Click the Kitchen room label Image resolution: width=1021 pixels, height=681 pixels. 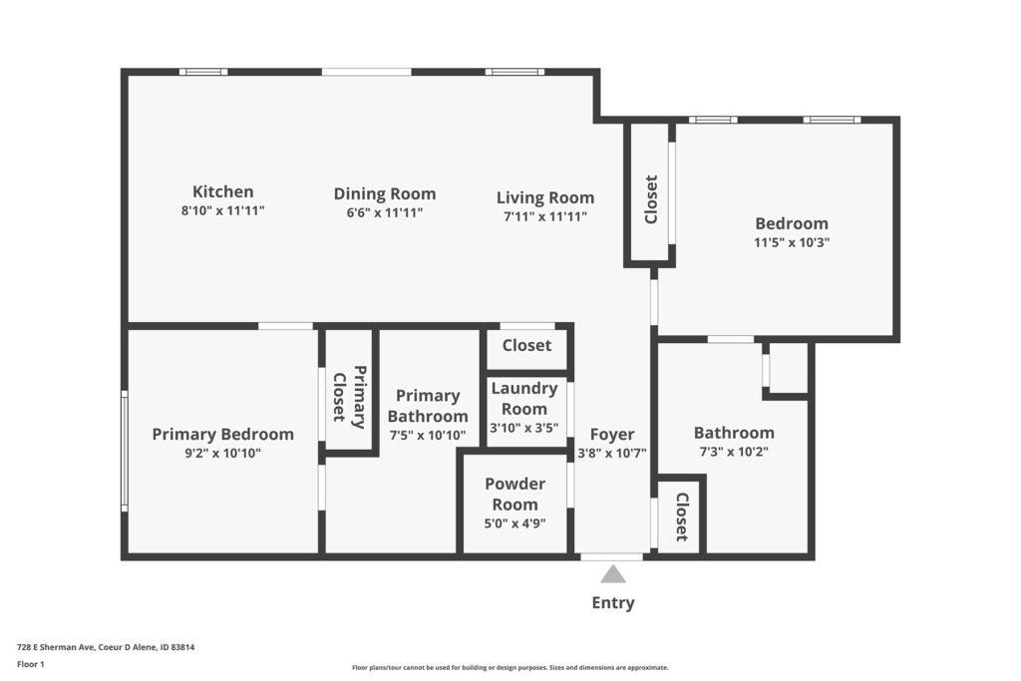pyautogui.click(x=222, y=191)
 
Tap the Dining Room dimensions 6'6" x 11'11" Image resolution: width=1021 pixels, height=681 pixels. pyautogui.click(x=385, y=212)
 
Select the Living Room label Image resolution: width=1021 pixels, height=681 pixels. pyautogui.click(x=545, y=197)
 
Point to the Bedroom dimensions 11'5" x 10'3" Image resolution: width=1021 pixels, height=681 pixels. pyautogui.click(x=792, y=242)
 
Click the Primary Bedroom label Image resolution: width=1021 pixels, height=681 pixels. pyautogui.click(x=222, y=434)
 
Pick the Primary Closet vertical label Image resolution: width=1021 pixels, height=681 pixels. pyautogui.click(x=349, y=397)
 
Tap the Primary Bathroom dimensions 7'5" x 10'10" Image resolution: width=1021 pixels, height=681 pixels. pyautogui.click(x=428, y=435)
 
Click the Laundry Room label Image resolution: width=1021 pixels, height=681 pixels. pyautogui.click(x=524, y=399)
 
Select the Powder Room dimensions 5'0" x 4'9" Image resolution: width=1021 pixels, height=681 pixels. pyautogui.click(x=515, y=522)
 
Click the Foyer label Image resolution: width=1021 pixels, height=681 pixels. pyautogui.click(x=612, y=435)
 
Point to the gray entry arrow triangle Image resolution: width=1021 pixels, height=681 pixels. pyautogui.click(x=613, y=574)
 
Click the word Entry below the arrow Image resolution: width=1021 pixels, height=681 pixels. pyautogui.click(x=613, y=603)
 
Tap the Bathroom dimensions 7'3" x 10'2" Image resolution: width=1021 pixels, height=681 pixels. pyautogui.click(x=734, y=452)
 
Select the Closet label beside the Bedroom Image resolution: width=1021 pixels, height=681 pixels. pyautogui.click(x=651, y=199)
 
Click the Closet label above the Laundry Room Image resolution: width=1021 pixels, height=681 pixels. pyautogui.click(x=526, y=345)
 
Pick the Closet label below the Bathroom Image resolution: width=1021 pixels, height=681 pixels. pyautogui.click(x=682, y=516)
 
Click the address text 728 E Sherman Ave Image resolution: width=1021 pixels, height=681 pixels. pyautogui.click(x=56, y=647)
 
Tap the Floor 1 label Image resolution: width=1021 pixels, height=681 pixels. pyautogui.click(x=31, y=664)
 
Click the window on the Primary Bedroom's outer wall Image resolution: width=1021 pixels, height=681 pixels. pyautogui.click(x=125, y=451)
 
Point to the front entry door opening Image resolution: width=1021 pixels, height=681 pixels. pyautogui.click(x=612, y=556)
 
